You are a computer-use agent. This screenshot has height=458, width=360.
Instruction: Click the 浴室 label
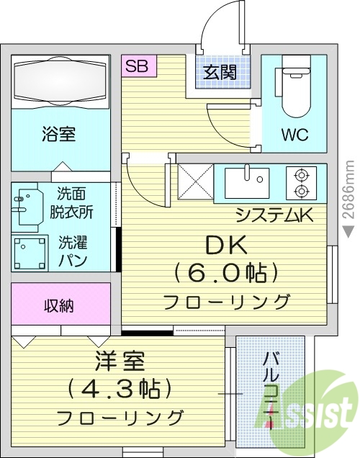point(59,134)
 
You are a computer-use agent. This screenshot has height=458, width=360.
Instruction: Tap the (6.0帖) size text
point(227,273)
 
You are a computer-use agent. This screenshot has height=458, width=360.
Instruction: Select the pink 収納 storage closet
point(60,305)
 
